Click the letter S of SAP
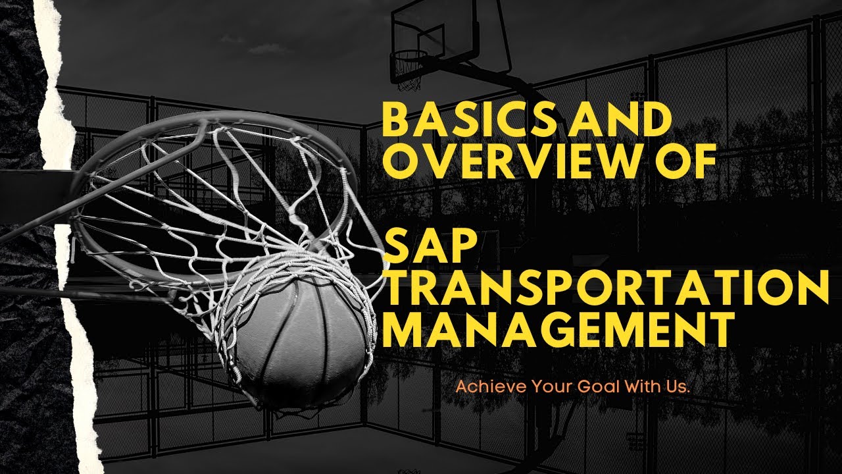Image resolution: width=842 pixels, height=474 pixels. [397, 252]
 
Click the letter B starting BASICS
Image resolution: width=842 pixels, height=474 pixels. [397, 121]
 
